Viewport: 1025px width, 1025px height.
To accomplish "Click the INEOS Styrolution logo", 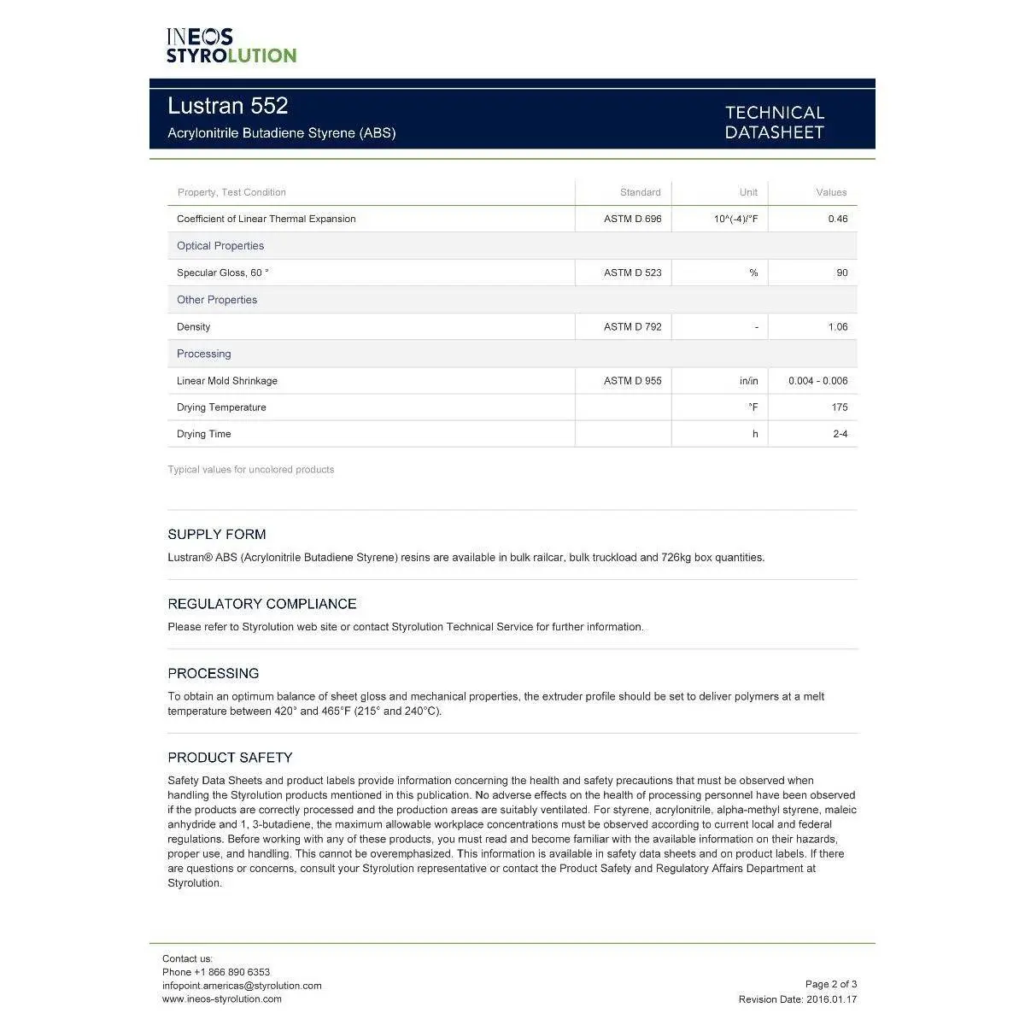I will pyautogui.click(x=231, y=46).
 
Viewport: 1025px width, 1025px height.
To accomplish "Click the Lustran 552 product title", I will pyautogui.click(x=228, y=106).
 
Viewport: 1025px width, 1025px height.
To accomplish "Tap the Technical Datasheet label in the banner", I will pyautogui.click(x=774, y=122).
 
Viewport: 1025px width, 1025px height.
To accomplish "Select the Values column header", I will pyautogui.click(x=830, y=192).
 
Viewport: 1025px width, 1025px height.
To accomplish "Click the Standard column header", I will pyautogui.click(x=640, y=192).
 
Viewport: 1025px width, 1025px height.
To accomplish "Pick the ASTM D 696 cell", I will pyautogui.click(x=632, y=219).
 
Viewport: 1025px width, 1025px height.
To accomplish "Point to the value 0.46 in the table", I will pyautogui.click(x=837, y=219).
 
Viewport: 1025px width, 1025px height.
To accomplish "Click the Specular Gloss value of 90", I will pyautogui.click(x=841, y=272).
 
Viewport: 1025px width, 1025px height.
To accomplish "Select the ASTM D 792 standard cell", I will pyautogui.click(x=632, y=326).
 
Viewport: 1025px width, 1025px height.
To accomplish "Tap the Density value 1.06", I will pyautogui.click(x=837, y=326).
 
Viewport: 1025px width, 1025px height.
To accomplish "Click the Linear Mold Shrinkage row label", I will pyautogui.click(x=227, y=381).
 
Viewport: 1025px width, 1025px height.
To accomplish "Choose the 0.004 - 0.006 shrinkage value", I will pyautogui.click(x=817, y=381).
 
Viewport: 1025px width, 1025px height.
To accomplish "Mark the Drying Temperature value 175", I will pyautogui.click(x=839, y=407).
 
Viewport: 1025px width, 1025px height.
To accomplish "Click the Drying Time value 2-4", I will pyautogui.click(x=840, y=434).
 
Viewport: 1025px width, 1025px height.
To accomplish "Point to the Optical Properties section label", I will pyautogui.click(x=220, y=246).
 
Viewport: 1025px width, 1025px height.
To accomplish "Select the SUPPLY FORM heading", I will pyautogui.click(x=217, y=535).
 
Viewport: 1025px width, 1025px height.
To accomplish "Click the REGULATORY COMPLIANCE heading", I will pyautogui.click(x=262, y=604).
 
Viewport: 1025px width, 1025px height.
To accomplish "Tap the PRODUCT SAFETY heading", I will pyautogui.click(x=230, y=758).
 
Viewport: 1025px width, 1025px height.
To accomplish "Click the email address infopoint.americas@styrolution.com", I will pyautogui.click(x=242, y=986).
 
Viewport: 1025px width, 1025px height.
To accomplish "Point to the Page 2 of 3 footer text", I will pyautogui.click(x=830, y=984).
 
